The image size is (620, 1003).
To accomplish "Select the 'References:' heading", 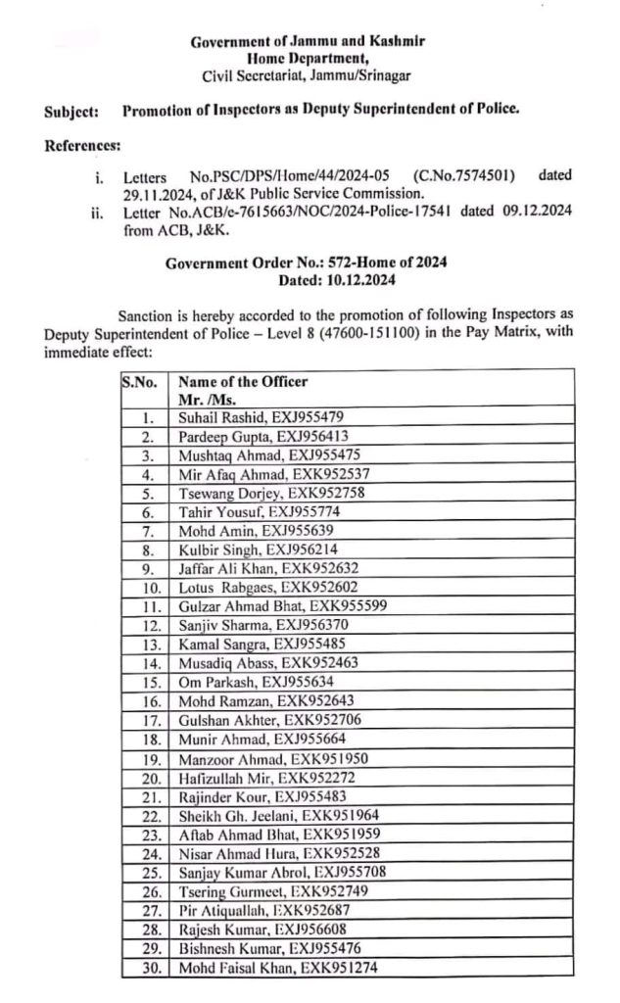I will (83, 147).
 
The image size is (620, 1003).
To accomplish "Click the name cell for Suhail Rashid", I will (260, 417).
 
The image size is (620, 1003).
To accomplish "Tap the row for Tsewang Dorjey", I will (260, 494).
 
